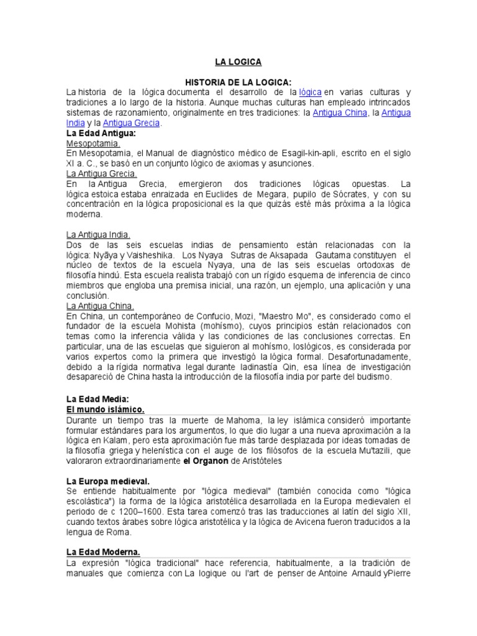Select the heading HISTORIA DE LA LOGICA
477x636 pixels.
pyautogui.click(x=238, y=82)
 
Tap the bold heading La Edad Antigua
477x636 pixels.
pyautogui.click(x=101, y=133)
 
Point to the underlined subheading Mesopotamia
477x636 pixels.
pyautogui.click(x=93, y=143)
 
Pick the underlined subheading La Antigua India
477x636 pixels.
pyautogui.click(x=98, y=234)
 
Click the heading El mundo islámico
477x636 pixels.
pyautogui.click(x=105, y=409)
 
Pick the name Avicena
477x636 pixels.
pyautogui.click(x=302, y=521)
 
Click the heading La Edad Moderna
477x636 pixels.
pyautogui.click(x=102, y=552)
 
